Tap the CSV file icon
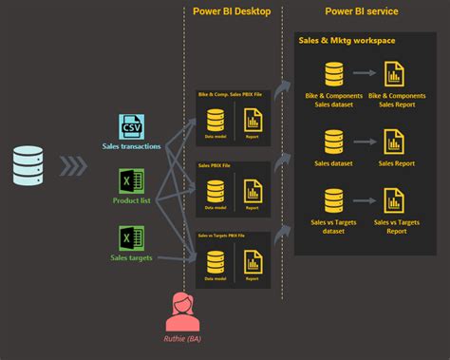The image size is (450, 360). (130, 127)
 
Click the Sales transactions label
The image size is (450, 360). (130, 146)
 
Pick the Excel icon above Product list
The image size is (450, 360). (131, 181)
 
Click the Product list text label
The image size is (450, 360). (131, 201)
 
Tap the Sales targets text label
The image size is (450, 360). (131, 257)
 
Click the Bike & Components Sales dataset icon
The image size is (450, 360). (333, 76)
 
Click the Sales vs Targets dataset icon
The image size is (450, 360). (333, 202)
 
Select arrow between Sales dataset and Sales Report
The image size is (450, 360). (363, 139)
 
